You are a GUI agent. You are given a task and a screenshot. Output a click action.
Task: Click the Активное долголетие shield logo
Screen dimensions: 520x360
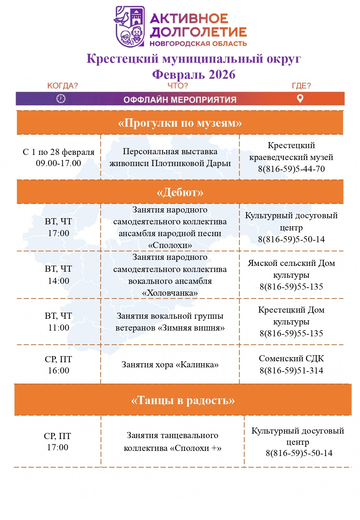(130, 27)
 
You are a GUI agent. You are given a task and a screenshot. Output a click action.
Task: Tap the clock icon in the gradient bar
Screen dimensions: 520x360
(61, 99)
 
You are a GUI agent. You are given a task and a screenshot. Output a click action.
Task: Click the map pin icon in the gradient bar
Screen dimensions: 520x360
(300, 99)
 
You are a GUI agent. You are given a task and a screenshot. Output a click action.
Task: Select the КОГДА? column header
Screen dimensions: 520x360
(62, 86)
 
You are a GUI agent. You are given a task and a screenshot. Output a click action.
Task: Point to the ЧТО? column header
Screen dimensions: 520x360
(178, 86)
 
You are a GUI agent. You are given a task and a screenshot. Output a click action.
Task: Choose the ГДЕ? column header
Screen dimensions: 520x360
(301, 86)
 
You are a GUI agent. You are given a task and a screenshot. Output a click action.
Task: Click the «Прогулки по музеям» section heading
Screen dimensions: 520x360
(180, 123)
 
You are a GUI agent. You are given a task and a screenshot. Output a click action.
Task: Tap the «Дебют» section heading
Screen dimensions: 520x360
(180, 192)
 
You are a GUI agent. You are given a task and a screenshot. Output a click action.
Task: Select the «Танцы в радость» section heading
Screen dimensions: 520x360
(183, 400)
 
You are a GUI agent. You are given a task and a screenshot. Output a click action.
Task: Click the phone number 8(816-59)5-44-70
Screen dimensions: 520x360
(291, 169)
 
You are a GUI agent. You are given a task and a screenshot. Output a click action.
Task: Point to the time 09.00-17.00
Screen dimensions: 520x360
(59, 163)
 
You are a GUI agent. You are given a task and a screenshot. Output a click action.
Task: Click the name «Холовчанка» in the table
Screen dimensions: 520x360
(170, 293)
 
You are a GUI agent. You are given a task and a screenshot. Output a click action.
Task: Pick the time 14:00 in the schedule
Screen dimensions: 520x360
(59, 281)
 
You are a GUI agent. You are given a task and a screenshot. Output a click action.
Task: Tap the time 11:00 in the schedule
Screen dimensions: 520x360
(59, 328)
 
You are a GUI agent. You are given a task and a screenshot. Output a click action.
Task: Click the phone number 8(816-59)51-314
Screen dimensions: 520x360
(291, 371)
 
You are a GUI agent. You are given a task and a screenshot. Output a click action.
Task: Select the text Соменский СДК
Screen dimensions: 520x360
(291, 358)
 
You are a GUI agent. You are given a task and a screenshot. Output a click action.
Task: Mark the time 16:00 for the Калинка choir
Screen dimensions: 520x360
(59, 371)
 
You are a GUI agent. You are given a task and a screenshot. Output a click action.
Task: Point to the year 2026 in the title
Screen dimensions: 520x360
(222, 75)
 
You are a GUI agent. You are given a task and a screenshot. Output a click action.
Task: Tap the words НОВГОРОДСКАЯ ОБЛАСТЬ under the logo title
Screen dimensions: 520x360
(198, 44)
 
